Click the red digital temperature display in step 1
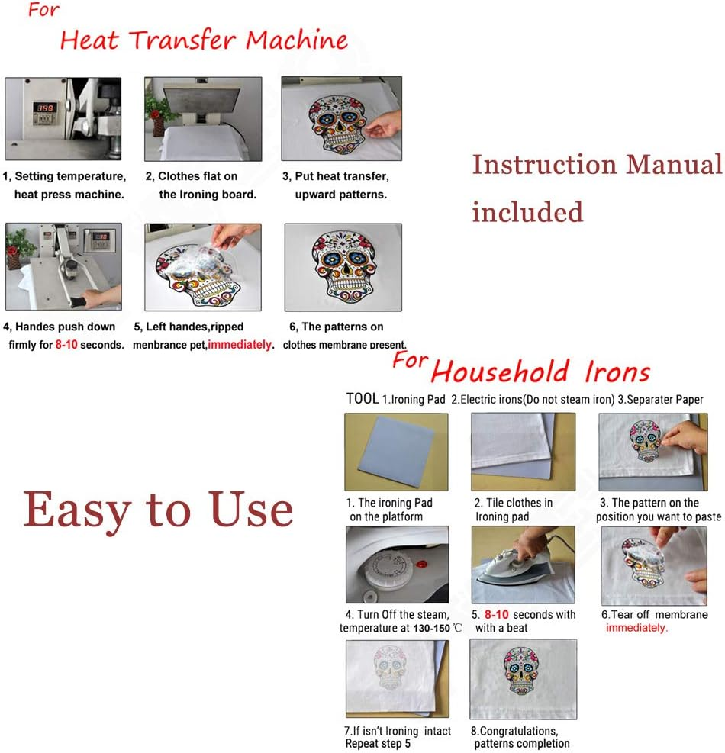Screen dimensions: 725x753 click(x=45, y=108)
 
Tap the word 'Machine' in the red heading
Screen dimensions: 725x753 click(x=296, y=40)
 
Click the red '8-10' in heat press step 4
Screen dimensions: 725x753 click(x=66, y=345)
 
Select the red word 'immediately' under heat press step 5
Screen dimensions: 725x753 click(x=240, y=345)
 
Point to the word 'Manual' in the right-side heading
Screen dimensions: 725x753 click(x=674, y=164)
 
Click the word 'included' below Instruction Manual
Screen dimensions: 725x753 click(x=527, y=212)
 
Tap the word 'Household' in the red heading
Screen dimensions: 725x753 click(x=500, y=372)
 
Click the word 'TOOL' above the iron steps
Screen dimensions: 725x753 click(x=362, y=398)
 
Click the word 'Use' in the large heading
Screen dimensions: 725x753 click(x=250, y=509)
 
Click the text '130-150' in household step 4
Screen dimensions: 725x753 click(x=431, y=628)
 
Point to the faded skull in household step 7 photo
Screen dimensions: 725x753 click(x=390, y=667)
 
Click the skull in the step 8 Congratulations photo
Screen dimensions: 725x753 click(x=521, y=671)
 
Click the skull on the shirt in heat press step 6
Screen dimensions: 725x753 click(x=344, y=265)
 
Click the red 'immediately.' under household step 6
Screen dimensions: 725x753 click(x=636, y=628)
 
